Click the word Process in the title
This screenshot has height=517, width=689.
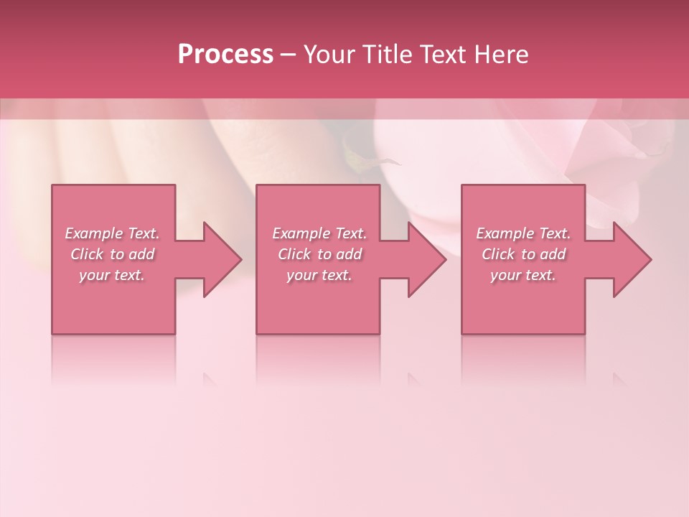[x=225, y=55]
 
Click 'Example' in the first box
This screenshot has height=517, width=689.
[x=94, y=233]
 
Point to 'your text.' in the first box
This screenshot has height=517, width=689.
[x=112, y=275]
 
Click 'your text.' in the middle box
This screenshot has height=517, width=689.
[x=319, y=275]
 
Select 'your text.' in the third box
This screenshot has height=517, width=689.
[x=523, y=275]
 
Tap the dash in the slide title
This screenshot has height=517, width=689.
[x=289, y=55]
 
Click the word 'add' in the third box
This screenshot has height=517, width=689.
[x=553, y=254]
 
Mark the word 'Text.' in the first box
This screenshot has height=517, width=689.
[x=144, y=233]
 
